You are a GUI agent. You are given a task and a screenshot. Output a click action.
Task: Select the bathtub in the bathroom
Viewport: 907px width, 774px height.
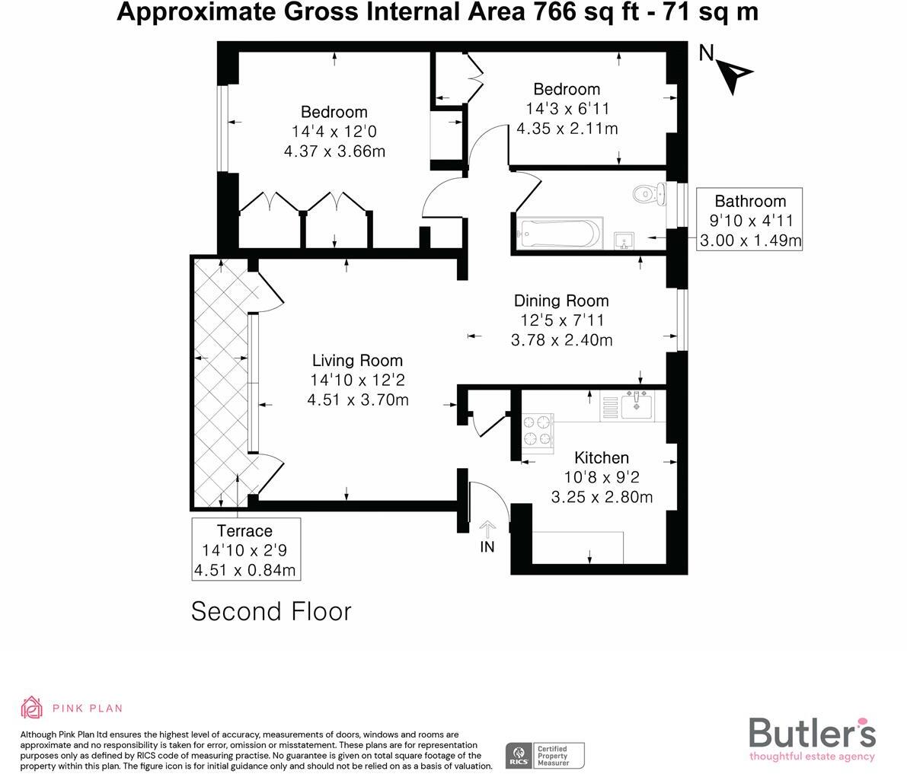click(559, 233)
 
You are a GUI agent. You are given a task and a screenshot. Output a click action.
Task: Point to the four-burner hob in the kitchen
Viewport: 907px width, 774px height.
click(536, 429)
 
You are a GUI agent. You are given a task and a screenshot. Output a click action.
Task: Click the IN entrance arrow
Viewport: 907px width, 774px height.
click(487, 528)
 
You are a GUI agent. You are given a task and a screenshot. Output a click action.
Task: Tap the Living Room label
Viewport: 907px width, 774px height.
click(357, 361)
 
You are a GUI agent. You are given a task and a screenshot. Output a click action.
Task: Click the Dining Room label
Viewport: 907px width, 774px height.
click(560, 301)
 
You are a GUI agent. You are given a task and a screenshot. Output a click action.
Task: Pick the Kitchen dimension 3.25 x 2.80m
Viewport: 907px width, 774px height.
click(602, 497)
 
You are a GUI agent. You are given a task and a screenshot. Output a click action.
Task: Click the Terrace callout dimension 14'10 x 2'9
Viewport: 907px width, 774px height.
click(244, 550)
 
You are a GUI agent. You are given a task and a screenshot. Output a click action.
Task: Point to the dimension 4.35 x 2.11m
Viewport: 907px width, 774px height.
click(567, 129)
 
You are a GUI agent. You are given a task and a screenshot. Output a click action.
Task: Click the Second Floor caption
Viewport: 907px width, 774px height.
click(271, 611)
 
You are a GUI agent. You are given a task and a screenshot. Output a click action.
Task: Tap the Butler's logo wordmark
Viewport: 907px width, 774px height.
click(812, 733)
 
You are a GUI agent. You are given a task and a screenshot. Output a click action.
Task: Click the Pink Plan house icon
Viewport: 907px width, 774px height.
click(32, 707)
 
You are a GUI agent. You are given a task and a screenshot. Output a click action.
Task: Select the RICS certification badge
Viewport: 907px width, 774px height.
click(545, 756)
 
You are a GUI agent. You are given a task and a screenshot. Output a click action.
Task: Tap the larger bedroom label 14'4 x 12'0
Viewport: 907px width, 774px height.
click(334, 131)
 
